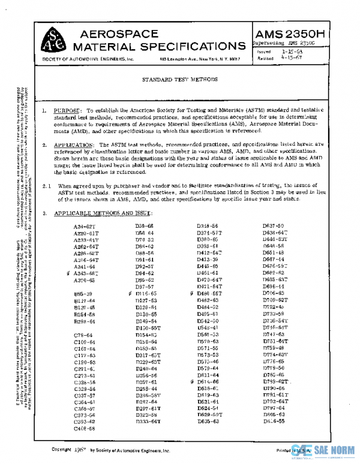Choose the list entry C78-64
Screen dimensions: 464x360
click(x=82, y=335)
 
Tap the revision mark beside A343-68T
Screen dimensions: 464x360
click(x=69, y=273)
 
